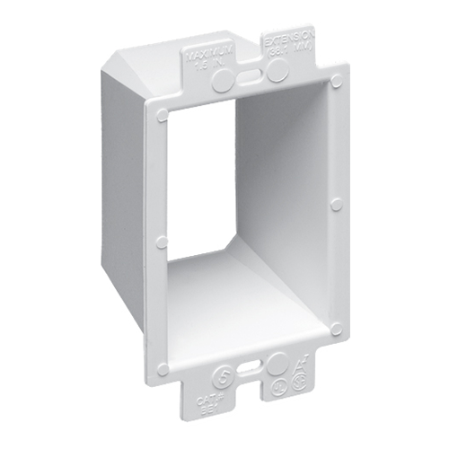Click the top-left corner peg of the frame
[x=163, y=115]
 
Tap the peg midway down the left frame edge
[x=162, y=242]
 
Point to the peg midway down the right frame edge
[x=336, y=205]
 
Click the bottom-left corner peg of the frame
[x=163, y=368]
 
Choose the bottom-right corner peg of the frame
[x=336, y=329]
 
